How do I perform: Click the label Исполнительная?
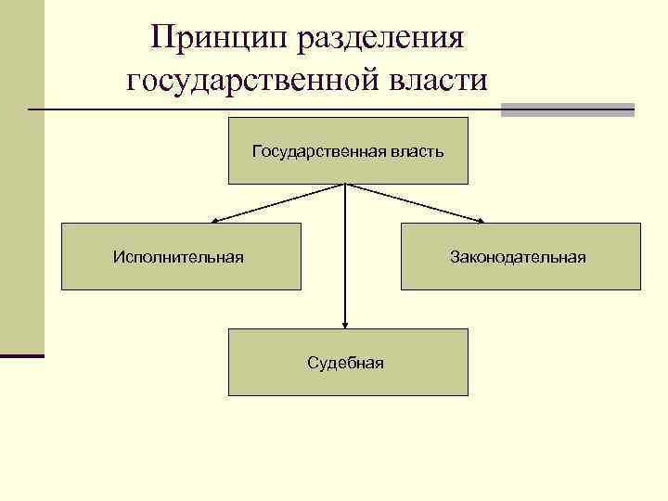[178, 256]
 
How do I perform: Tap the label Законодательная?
[518, 256]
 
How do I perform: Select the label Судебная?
[346, 362]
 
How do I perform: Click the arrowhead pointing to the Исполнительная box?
[212, 221]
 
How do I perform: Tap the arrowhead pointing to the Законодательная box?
[481, 221]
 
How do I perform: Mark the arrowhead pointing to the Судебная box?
[345, 325]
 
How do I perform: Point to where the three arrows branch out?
[345, 184]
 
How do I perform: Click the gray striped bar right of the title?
[567, 109]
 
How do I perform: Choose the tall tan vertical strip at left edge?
[21, 176]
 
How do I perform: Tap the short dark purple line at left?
[21, 354]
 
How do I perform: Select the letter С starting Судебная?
[313, 362]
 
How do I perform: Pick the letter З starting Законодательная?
[455, 256]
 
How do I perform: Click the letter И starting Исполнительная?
[118, 256]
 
